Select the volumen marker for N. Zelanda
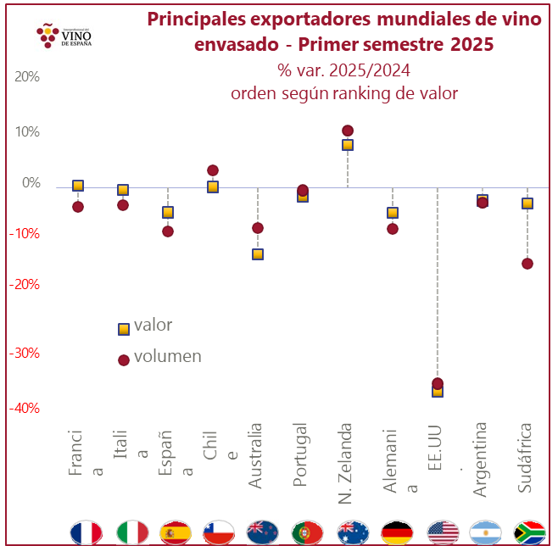(348, 131)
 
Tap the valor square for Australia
(258, 253)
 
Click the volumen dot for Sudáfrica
(527, 264)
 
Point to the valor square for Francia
(78, 185)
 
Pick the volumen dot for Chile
(213, 170)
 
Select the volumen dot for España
(168, 231)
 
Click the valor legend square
(124, 328)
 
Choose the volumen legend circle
(124, 359)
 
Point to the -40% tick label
(24, 408)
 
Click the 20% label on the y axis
(27, 76)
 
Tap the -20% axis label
(24, 285)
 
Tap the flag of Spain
(176, 532)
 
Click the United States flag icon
(443, 532)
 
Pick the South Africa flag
(530, 532)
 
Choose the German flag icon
(398, 532)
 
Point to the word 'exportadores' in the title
(299, 19)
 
